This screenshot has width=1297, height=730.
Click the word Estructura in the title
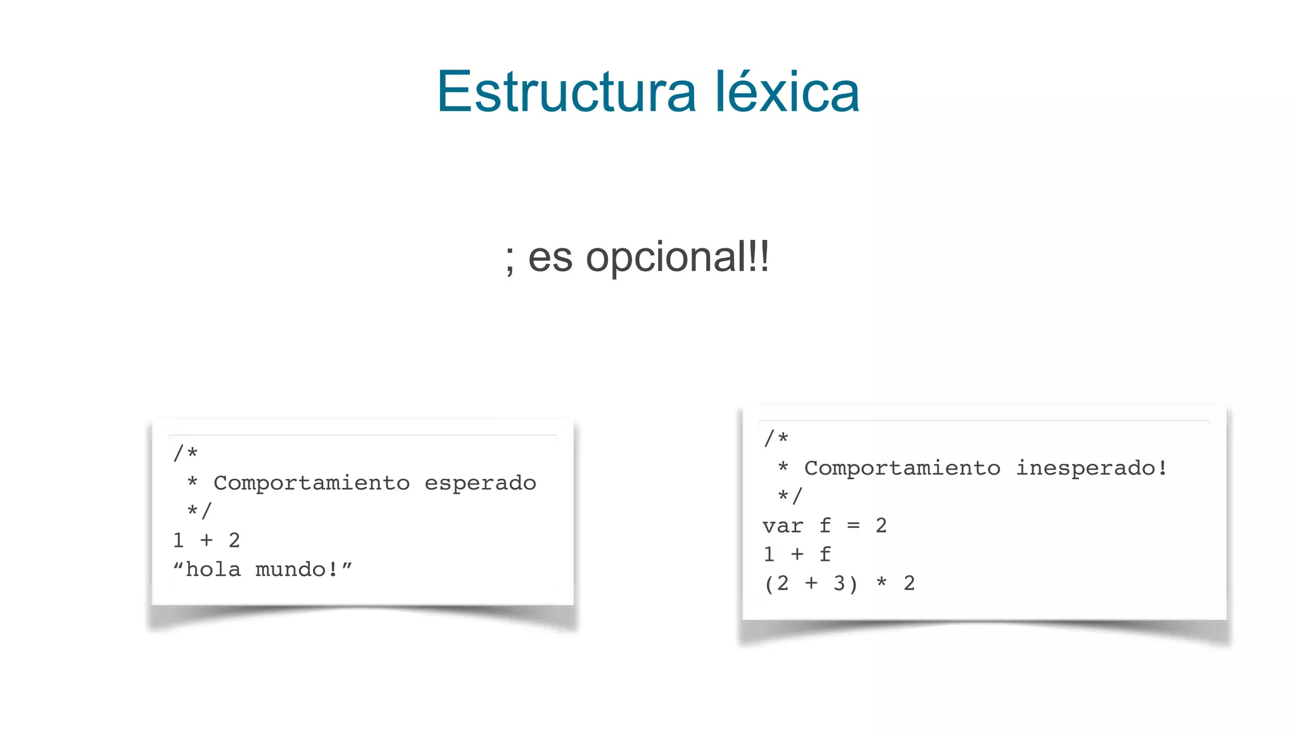[566, 93]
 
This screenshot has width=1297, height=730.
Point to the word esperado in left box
[480, 483]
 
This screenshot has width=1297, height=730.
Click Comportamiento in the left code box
[312, 483]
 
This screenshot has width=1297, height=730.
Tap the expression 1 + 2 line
[206, 541]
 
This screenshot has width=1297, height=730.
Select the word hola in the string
[213, 570]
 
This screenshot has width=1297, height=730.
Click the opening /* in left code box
[186, 454]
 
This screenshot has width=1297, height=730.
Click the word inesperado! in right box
[1092, 468]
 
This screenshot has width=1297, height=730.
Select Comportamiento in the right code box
[902, 468]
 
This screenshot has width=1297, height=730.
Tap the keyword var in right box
[783, 526]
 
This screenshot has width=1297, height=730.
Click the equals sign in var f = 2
[854, 526]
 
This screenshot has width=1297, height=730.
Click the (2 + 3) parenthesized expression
[811, 584]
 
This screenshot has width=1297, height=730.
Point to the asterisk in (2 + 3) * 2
[882, 584]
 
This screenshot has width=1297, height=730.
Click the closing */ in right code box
[790, 497]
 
